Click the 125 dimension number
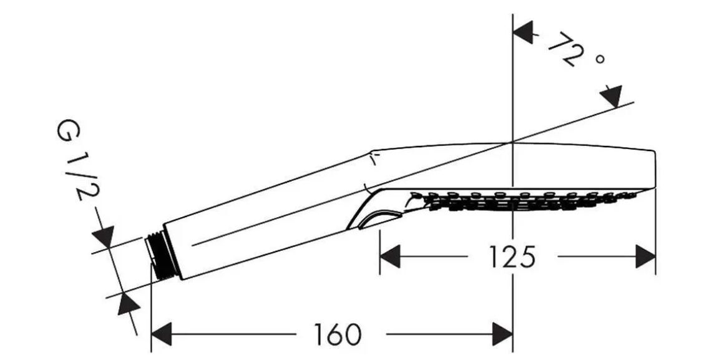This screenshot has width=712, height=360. click(512, 256)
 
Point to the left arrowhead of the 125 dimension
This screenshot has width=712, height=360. click(389, 256)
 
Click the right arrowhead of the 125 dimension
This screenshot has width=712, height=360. click(646, 256)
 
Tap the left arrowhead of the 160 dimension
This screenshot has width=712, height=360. click(161, 334)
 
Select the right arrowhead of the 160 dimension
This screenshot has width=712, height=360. click(503, 334)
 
